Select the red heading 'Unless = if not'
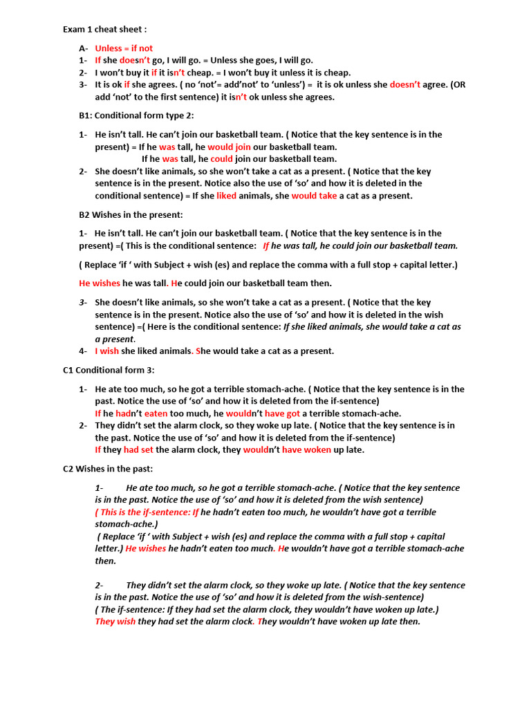point(124,48)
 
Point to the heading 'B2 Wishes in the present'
point(131,214)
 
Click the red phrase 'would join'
point(230,147)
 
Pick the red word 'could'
point(221,159)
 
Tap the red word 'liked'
point(226,196)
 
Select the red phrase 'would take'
point(314,196)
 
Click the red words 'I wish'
point(107,351)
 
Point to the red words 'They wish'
point(115,622)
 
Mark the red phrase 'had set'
point(138,449)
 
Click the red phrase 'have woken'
point(306,449)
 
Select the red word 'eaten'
point(156,413)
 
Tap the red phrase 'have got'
point(282,413)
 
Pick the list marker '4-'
point(83,351)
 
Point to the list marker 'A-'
point(84,48)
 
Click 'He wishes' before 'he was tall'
point(100,283)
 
